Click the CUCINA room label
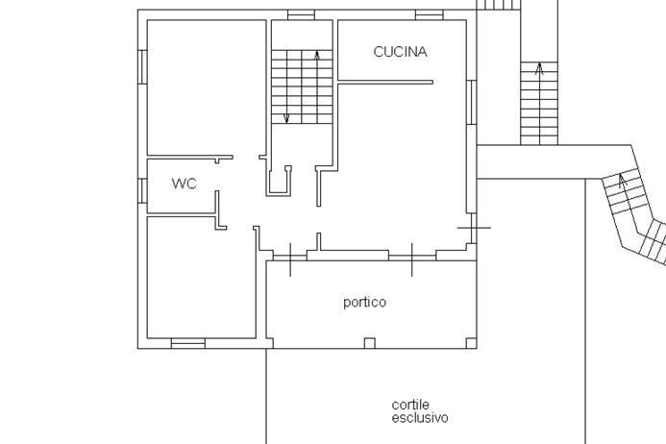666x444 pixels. [400, 52]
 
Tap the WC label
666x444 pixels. [184, 183]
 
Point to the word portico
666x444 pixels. [364, 302]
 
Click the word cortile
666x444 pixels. [410, 405]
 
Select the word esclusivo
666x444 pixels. [419, 418]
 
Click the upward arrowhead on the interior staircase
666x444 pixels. [317, 56]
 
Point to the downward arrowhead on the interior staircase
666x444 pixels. [285, 118]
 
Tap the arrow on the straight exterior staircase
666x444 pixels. [539, 69]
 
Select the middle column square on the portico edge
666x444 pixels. [369, 342]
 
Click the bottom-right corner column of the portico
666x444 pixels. [470, 342]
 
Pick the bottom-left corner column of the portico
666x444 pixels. [270, 342]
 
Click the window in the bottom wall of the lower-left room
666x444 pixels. [187, 343]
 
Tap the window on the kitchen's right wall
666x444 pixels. [472, 102]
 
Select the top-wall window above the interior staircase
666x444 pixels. [301, 14]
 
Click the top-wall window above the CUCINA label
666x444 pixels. [429, 14]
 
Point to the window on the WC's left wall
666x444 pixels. [142, 190]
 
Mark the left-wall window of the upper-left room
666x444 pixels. [142, 66]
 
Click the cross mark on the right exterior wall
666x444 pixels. [474, 228]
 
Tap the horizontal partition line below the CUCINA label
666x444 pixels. [385, 83]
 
